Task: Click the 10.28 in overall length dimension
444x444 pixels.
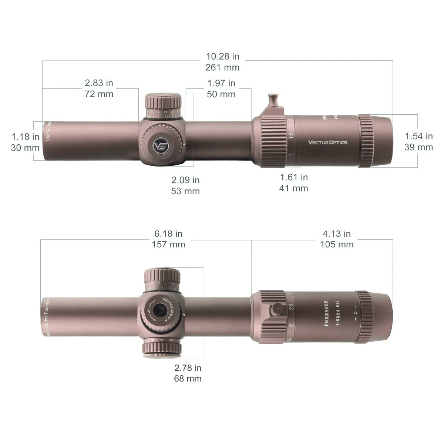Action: pos(223,62)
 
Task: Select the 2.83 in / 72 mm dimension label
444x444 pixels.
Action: pos(99,88)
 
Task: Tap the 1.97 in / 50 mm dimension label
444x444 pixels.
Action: pos(221,89)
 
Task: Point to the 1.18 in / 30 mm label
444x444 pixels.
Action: pos(25,142)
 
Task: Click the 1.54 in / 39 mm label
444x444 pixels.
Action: pos(418,142)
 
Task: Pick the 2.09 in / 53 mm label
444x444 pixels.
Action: pos(185,185)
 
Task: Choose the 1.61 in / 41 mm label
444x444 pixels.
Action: pos(293,183)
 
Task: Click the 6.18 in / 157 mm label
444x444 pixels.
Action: pos(168,239)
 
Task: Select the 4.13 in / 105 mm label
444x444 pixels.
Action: pos(337,239)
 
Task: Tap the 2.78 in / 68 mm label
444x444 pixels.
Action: pos(188,373)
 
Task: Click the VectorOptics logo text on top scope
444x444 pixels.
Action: pos(327,142)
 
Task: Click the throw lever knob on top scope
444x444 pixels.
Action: pos(273,100)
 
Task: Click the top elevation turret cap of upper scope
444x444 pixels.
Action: pos(163,101)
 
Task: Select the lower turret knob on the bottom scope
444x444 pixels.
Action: pos(162,349)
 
